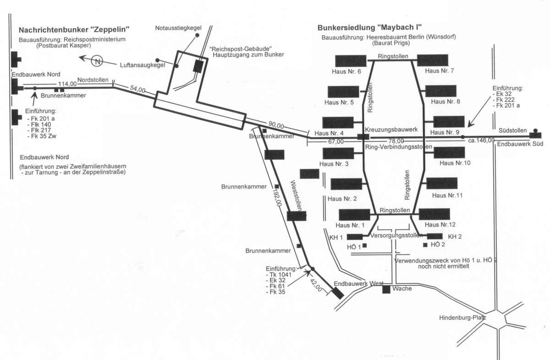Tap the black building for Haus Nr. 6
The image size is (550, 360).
pyautogui.click(x=351, y=61)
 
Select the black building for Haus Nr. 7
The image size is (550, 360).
pyautogui.click(x=433, y=60)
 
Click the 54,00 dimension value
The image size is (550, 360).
pyautogui.click(x=137, y=90)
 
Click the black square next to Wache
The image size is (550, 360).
pyautogui.click(x=386, y=289)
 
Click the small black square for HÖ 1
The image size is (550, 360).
pyautogui.click(x=365, y=245)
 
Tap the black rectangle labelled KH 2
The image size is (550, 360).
pyautogui.click(x=434, y=236)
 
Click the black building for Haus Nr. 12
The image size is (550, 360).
pyautogui.click(x=434, y=214)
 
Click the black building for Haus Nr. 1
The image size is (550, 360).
pyautogui.click(x=354, y=215)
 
